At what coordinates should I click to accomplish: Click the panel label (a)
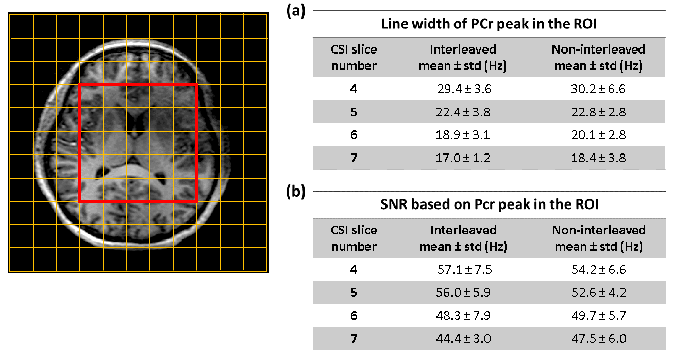click(x=295, y=12)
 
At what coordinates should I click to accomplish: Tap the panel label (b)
click(x=295, y=192)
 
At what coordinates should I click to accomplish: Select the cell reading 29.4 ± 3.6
click(x=463, y=89)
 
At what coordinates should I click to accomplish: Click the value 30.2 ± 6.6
click(x=598, y=89)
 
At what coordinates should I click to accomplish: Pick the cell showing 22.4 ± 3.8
click(x=463, y=112)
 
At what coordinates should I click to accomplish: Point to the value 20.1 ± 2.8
click(x=598, y=135)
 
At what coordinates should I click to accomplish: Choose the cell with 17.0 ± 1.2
click(x=463, y=158)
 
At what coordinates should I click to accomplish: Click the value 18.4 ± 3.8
click(x=598, y=158)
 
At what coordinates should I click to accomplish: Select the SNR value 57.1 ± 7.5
click(x=463, y=269)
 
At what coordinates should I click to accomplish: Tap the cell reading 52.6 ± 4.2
click(x=598, y=293)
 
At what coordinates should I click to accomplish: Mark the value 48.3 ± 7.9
click(x=463, y=315)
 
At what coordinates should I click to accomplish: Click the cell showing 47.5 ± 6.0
click(x=598, y=338)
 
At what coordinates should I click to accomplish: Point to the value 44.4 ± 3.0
click(x=463, y=338)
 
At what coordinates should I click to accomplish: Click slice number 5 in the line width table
click(x=354, y=112)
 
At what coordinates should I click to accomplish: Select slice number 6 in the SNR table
click(x=354, y=315)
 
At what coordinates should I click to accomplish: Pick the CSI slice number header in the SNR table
click(x=354, y=238)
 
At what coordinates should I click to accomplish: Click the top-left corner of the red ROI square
click(x=79, y=84)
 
